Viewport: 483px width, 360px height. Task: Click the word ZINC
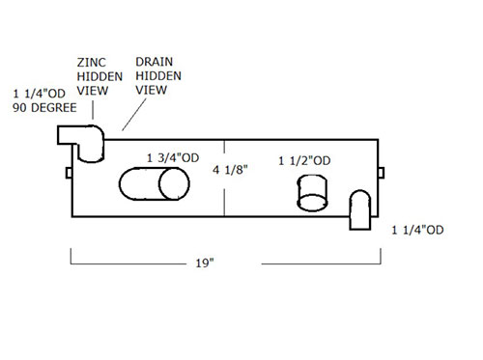point(92,63)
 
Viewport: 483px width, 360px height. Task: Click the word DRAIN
point(154,62)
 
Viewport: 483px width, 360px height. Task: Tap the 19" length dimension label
point(205,263)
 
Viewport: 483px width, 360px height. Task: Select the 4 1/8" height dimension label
point(230,170)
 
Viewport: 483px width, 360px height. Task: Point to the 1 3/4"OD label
point(173,158)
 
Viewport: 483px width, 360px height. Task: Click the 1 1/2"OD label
point(304,161)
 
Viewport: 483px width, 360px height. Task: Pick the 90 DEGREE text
point(44,107)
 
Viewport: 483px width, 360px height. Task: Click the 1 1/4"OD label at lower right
point(417,230)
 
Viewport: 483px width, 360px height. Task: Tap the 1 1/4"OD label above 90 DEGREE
point(40,94)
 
